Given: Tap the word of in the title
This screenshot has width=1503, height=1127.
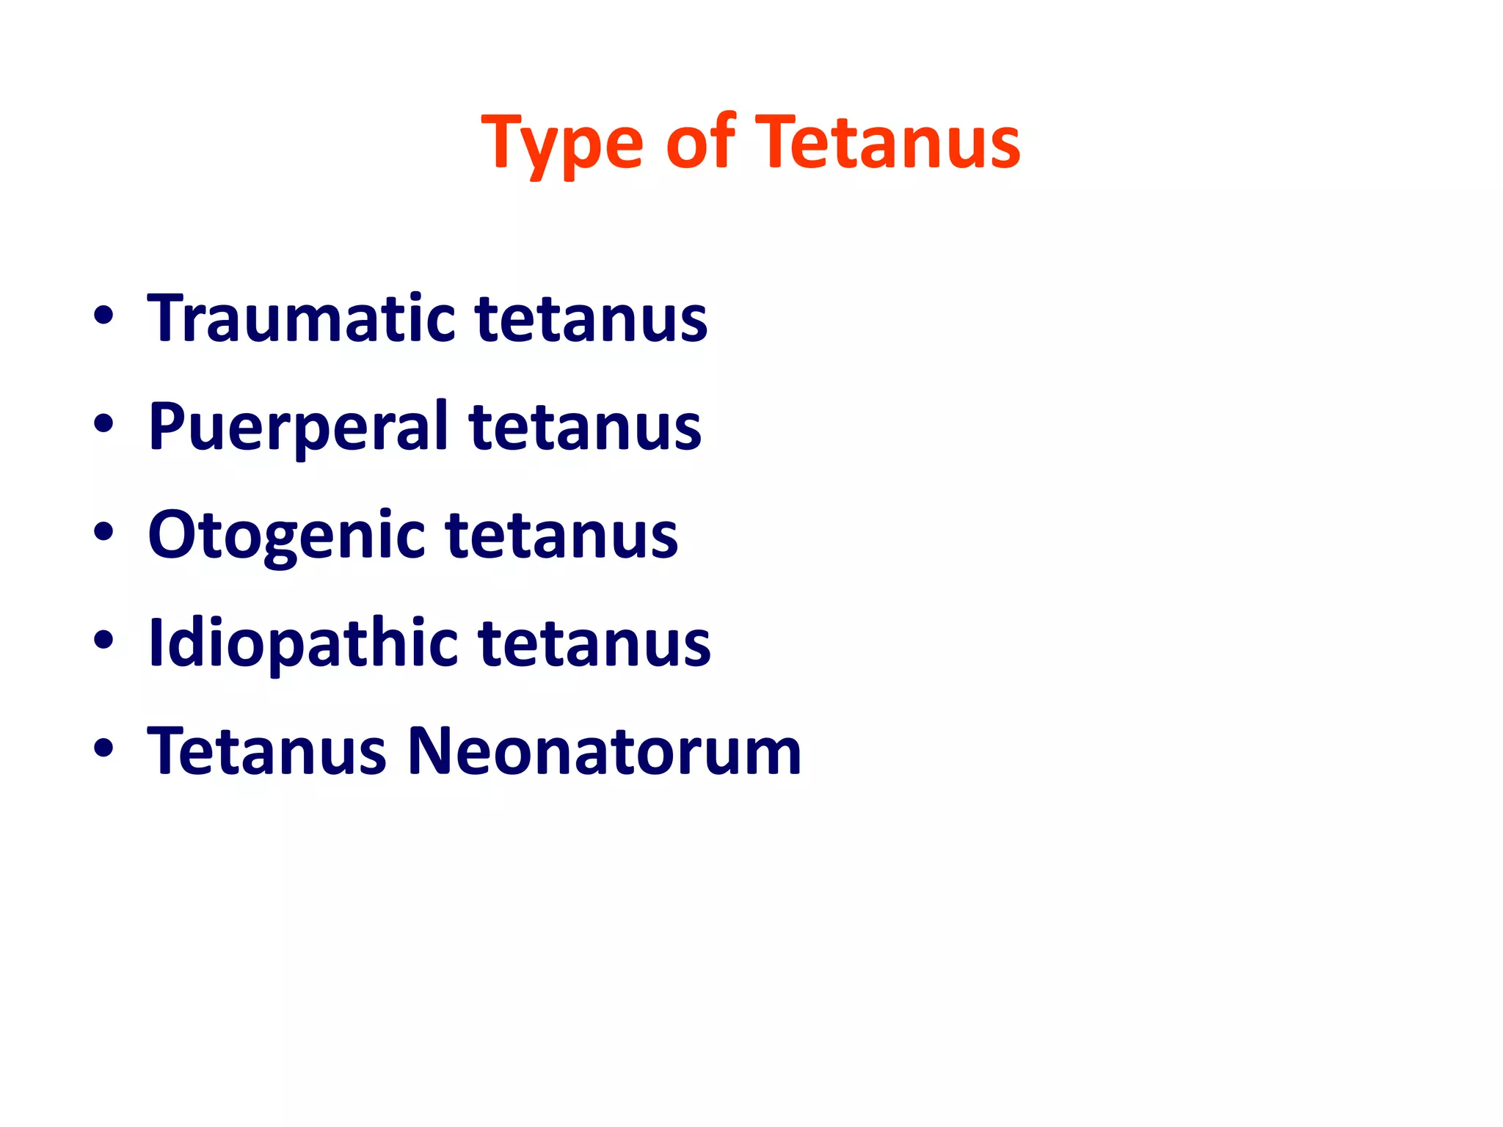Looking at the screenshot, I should click(699, 141).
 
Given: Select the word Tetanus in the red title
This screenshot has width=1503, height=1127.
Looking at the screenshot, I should click(887, 141).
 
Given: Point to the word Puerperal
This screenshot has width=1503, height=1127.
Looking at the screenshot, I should click(297, 428).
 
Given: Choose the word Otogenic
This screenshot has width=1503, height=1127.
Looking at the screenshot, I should click(285, 536).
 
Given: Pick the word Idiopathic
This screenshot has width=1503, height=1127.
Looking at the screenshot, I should click(302, 644).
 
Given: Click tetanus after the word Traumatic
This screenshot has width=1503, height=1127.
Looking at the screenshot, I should click(591, 320).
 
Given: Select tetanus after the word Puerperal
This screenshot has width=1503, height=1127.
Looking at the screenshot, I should click(585, 428).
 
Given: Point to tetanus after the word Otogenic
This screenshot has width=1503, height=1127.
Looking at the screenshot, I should click(561, 536).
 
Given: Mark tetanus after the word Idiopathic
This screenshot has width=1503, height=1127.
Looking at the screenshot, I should click(594, 644).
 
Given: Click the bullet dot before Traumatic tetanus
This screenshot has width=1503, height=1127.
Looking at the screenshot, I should click(103, 316).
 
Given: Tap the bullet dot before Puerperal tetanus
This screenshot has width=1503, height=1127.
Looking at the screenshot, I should click(103, 423).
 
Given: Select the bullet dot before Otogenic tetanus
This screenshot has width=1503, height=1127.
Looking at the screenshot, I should click(103, 532).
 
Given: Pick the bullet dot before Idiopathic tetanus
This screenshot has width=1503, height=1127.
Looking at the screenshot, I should click(103, 640).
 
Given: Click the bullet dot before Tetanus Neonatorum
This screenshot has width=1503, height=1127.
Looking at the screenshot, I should click(103, 748).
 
